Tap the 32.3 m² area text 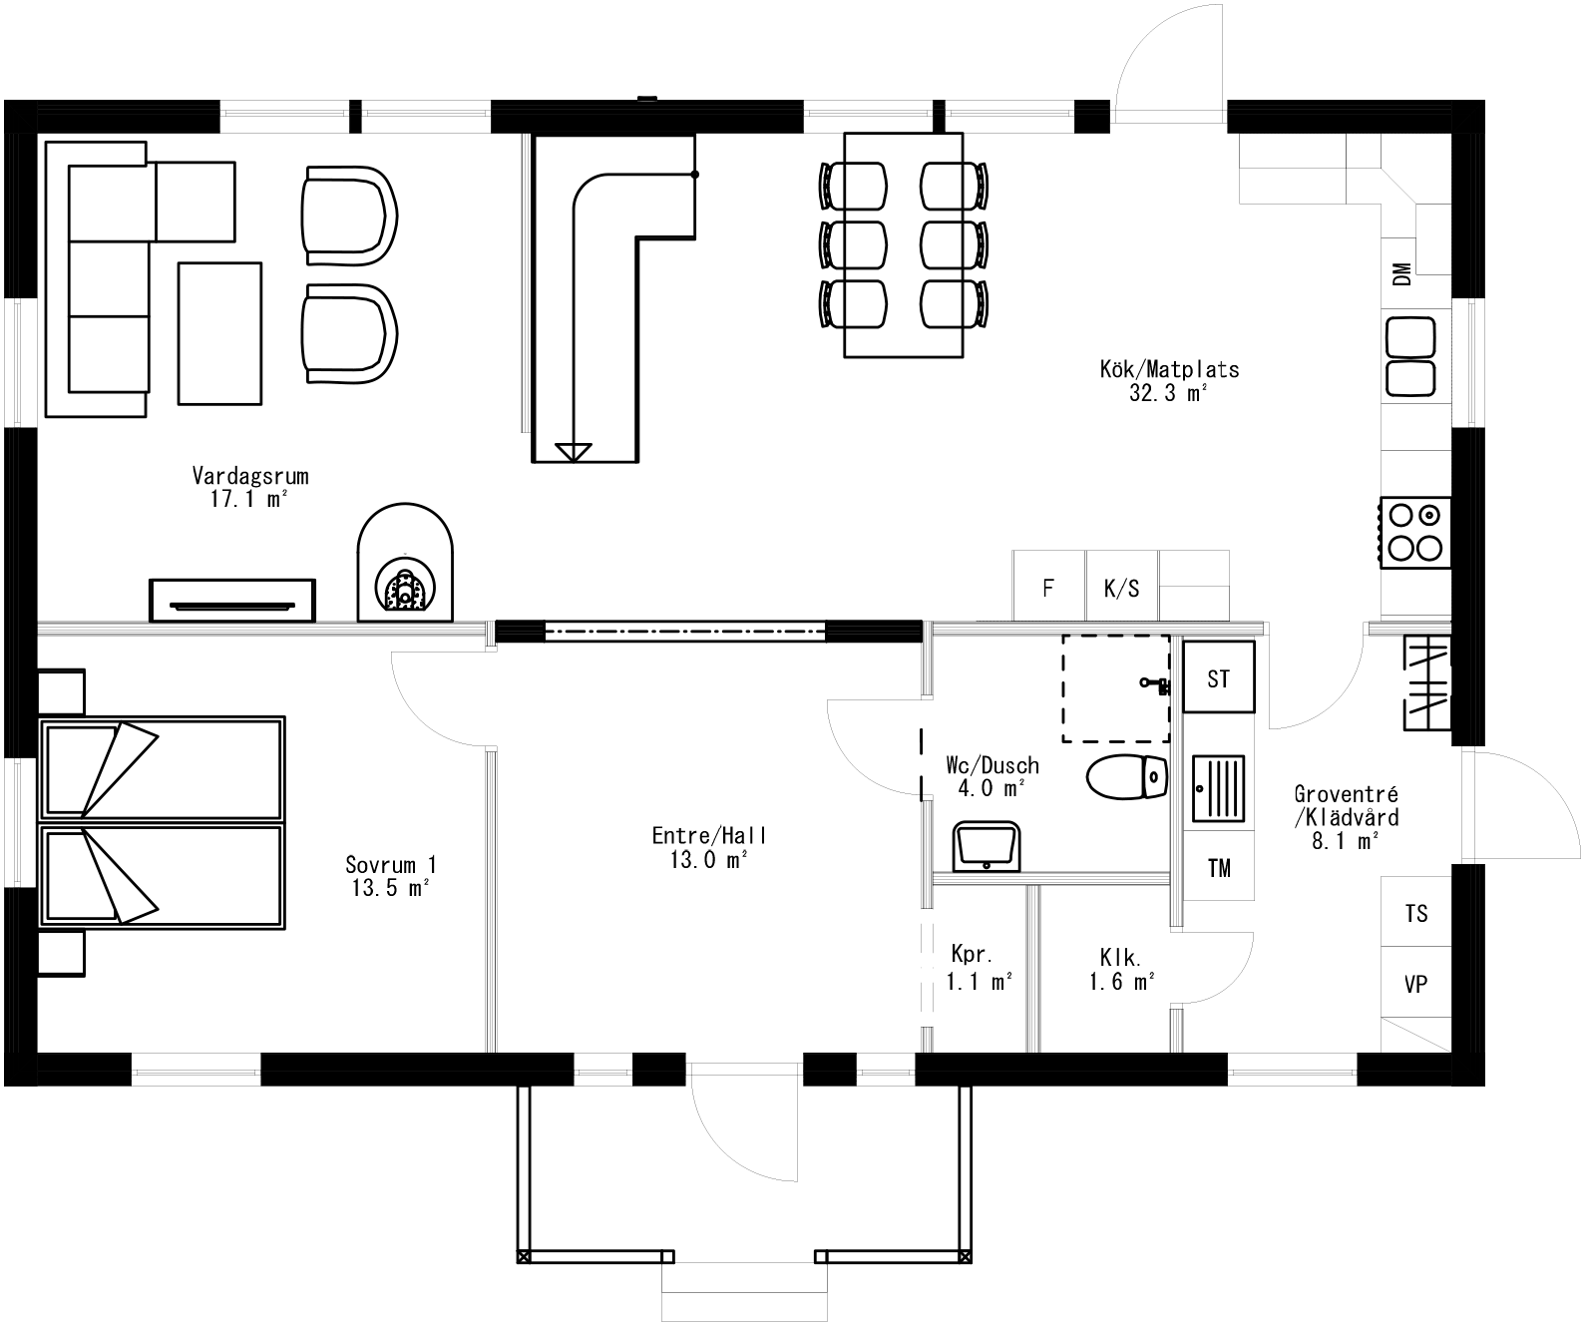(1168, 393)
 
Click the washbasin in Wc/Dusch (986, 846)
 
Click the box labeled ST (1218, 678)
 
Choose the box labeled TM (1218, 868)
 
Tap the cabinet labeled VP (1415, 984)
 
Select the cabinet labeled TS (1415, 913)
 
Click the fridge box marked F (1048, 588)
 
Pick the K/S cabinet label (1121, 588)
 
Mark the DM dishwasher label (1402, 274)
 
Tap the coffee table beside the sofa (219, 332)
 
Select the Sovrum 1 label (391, 865)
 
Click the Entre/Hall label (709, 836)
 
